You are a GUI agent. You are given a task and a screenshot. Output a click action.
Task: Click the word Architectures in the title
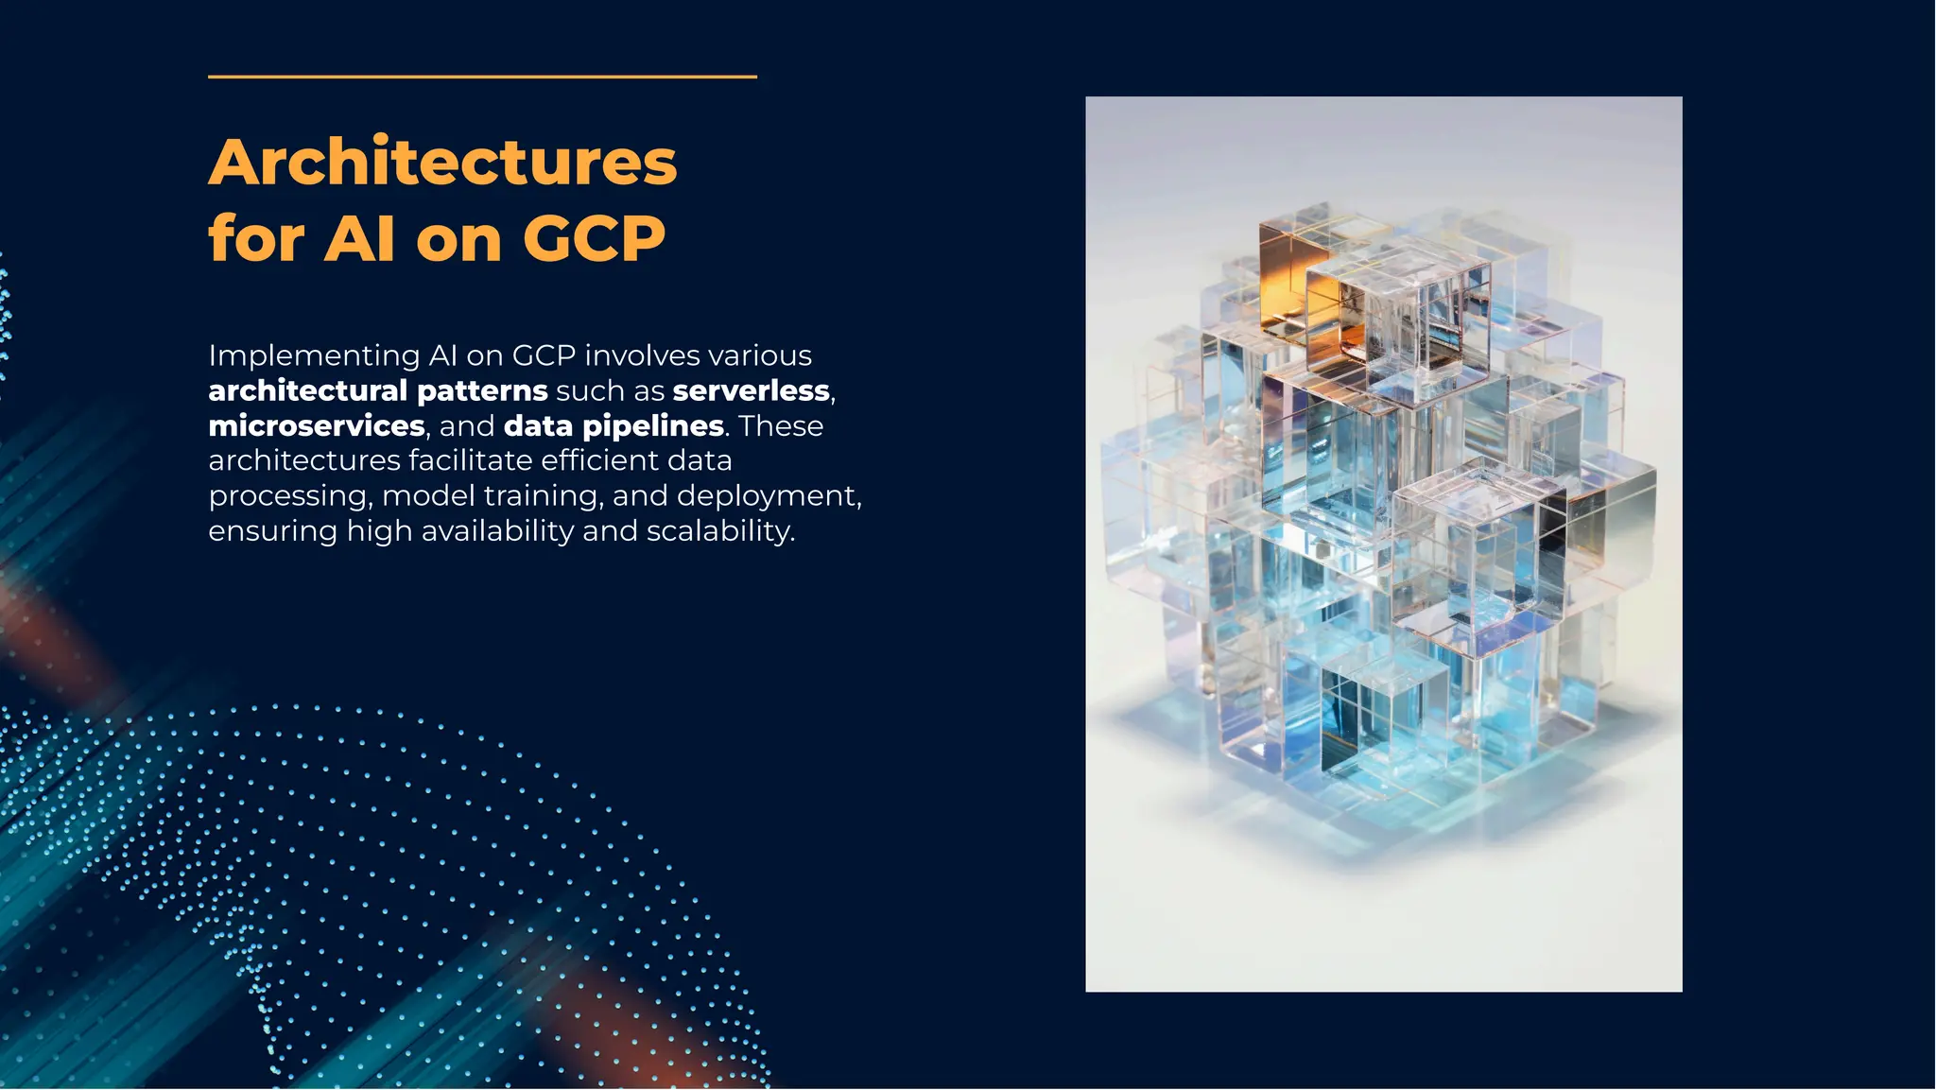point(442,163)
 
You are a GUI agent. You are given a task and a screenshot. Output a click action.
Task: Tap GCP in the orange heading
point(594,238)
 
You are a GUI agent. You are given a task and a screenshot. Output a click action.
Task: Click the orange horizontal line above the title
point(482,77)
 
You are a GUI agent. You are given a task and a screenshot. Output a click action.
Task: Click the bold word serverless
point(752,390)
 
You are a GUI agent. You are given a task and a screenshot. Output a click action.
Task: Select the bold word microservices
point(317,426)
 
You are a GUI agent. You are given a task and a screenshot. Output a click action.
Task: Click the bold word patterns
point(482,390)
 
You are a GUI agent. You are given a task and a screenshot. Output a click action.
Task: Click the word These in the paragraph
point(781,426)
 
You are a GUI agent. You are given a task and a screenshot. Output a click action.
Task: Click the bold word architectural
point(307,390)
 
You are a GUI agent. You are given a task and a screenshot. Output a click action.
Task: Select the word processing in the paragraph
point(289,496)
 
